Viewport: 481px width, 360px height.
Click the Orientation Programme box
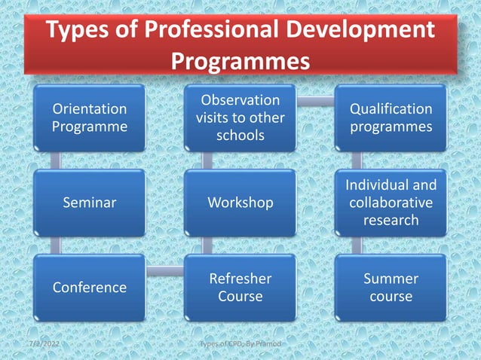[89, 118]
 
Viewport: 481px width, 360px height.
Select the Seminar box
[89, 203]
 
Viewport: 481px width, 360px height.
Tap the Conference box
[89, 287]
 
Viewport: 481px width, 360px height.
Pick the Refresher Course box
[240, 287]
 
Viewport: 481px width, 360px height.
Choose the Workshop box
[240, 203]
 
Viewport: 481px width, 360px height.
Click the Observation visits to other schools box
[240, 118]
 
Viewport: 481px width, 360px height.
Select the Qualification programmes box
[391, 118]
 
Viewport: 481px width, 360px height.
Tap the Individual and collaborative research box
[391, 203]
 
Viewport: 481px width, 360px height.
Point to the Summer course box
[391, 287]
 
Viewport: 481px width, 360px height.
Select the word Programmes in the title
[240, 60]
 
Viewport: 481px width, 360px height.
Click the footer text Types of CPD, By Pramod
[240, 344]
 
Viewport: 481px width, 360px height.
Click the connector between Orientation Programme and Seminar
[55, 160]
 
